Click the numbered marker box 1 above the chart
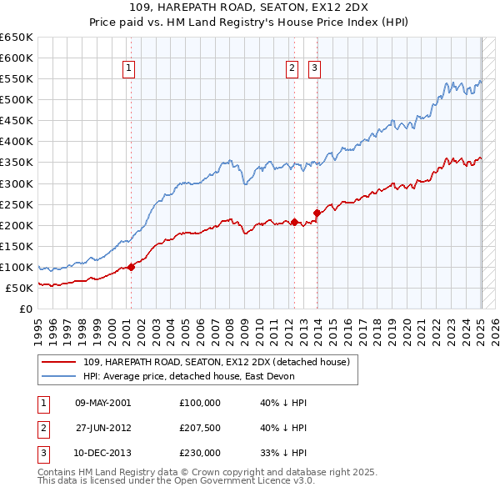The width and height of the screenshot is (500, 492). coord(130,69)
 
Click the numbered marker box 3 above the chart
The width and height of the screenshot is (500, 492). coord(315,69)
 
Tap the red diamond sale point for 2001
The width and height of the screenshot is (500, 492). coord(131,267)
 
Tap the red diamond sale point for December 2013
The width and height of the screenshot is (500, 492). coord(317,213)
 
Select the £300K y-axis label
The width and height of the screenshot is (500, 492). coord(17,183)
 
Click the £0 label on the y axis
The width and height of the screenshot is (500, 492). coord(27,309)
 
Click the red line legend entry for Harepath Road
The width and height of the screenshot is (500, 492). coord(221,362)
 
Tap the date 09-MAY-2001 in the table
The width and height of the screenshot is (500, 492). coord(102,403)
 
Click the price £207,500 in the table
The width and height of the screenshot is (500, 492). coord(200,428)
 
